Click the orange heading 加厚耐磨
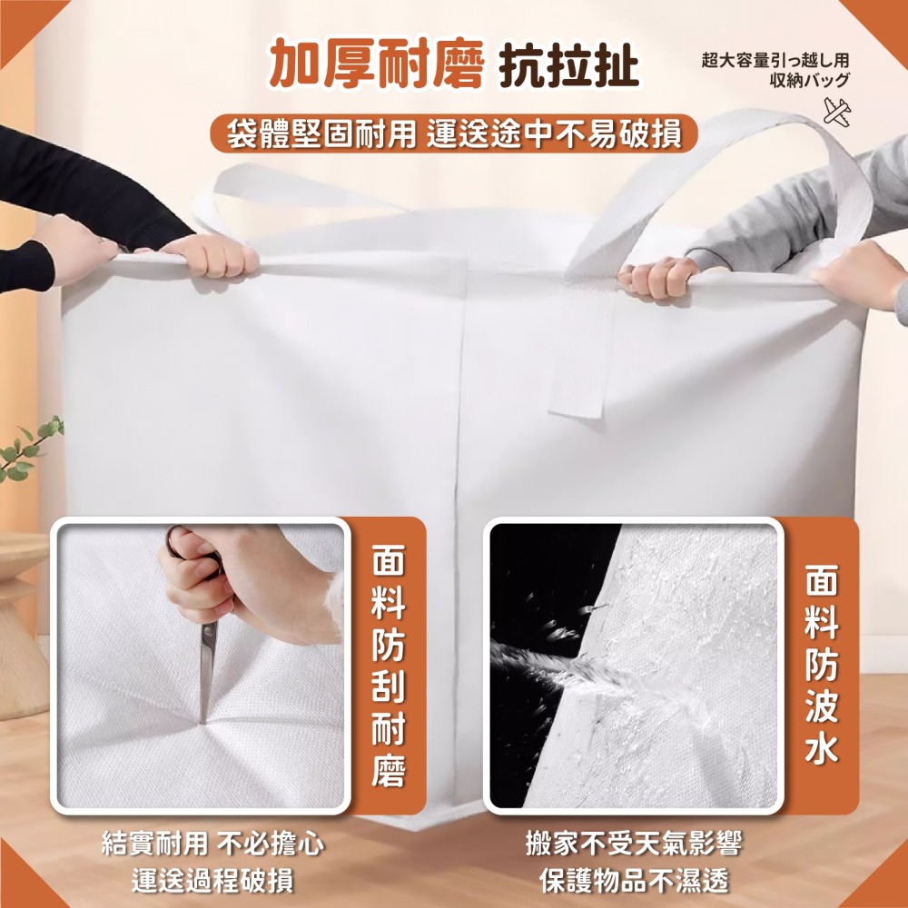point(376,64)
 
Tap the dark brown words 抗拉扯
point(568,64)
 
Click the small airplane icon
point(837,111)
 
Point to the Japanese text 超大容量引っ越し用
point(775,60)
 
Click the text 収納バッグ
point(810,81)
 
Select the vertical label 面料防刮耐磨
point(388,666)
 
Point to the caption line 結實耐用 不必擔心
point(212,844)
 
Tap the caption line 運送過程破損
point(212,880)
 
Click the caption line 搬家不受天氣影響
point(634,844)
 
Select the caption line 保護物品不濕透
point(634,880)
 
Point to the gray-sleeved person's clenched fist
point(657,277)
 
